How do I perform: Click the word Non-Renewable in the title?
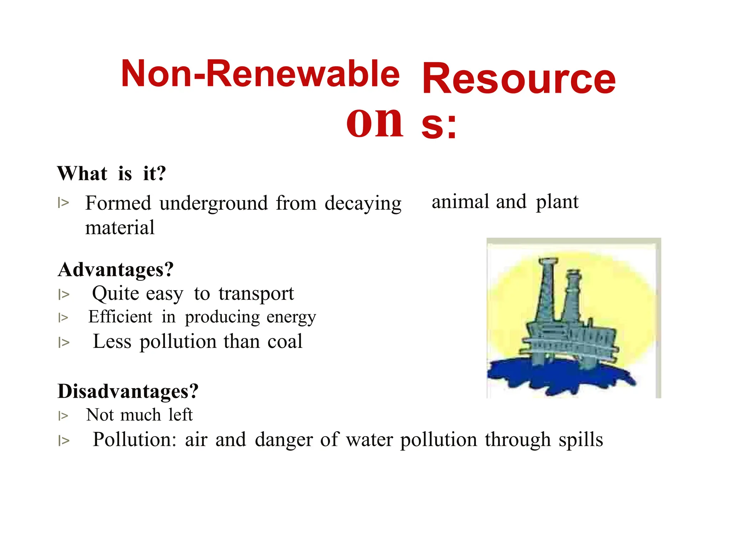point(260,73)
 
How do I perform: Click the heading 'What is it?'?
point(112,174)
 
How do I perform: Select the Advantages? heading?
point(115,269)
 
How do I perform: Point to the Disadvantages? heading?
point(128,391)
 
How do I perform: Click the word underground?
point(214,203)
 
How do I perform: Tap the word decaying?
point(363,203)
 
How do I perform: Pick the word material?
point(120,228)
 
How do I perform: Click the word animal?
point(460,202)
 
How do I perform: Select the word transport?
point(256,294)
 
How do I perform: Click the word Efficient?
point(120,317)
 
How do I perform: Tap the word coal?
point(285,341)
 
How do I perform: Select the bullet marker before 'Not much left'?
point(63,416)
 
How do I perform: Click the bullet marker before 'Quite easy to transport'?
point(64,295)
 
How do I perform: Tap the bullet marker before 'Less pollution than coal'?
point(64,342)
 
